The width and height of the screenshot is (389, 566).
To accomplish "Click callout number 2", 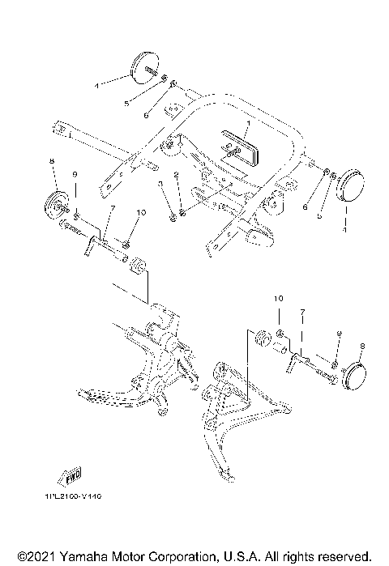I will click(174, 175).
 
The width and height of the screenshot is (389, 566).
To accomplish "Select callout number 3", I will click(160, 185).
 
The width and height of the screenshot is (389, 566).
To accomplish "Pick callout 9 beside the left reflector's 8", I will click(74, 174).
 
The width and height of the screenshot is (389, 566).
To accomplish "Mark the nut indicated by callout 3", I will click(174, 217).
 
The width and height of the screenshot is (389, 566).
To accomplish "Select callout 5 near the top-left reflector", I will click(126, 104).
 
